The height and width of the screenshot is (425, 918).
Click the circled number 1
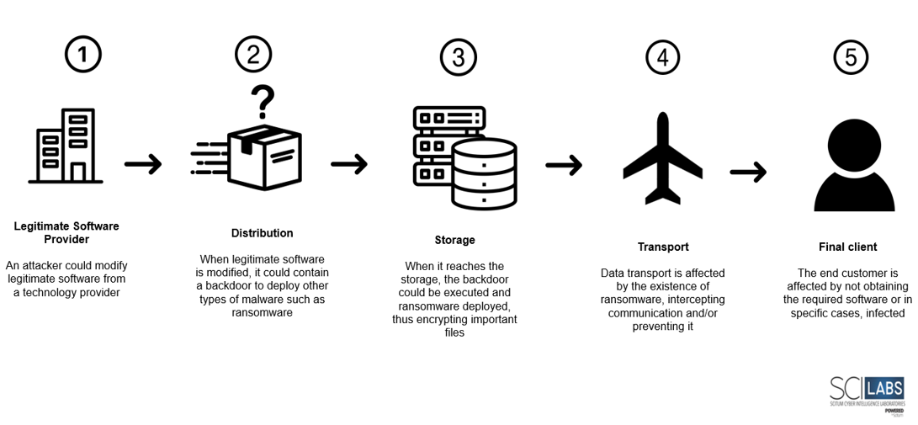(x=82, y=55)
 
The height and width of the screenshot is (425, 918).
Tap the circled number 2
(x=253, y=55)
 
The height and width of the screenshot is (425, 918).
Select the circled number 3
(x=458, y=57)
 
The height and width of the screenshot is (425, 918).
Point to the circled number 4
(x=662, y=57)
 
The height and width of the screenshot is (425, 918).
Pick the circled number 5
(x=851, y=57)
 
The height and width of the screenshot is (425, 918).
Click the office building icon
(x=66, y=148)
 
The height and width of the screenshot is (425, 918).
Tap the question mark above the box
(x=263, y=101)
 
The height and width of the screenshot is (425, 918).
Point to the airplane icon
(x=662, y=159)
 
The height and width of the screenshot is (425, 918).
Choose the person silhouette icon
(x=853, y=165)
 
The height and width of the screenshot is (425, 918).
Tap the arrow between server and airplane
(x=564, y=165)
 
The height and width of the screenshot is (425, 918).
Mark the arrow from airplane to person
(x=748, y=173)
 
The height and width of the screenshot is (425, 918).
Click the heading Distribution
(x=262, y=233)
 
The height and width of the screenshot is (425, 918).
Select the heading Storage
(x=454, y=240)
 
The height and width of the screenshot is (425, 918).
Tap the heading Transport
(x=663, y=247)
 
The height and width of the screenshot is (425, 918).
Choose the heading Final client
(x=847, y=247)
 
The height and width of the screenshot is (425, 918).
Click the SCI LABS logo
(x=866, y=394)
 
